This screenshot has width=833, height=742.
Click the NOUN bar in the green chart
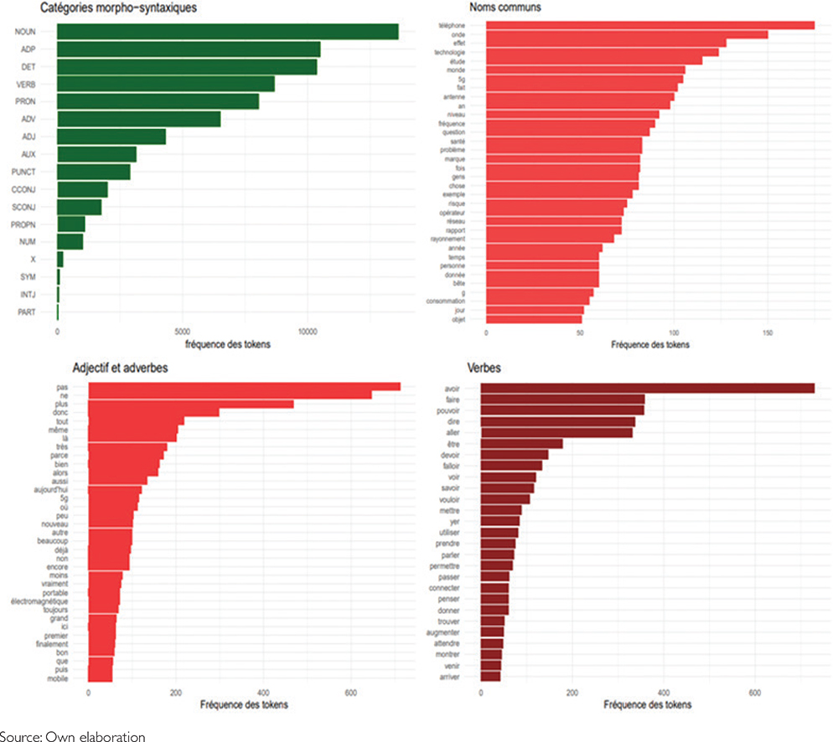227,32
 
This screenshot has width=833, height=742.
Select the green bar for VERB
166,84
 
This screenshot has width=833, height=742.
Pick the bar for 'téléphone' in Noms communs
650,26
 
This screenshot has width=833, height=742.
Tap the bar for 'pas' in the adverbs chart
244,386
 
